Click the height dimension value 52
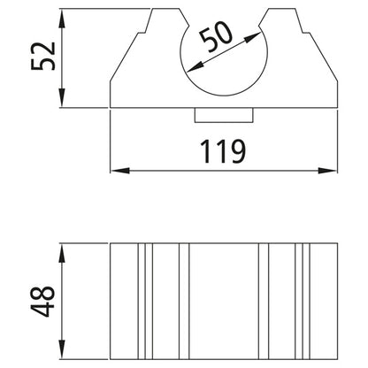pos(45,58)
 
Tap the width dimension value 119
pos(220,151)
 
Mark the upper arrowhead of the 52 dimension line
pos(63,14)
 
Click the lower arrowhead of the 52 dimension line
pos(63,102)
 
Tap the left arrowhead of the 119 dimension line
pos(115,169)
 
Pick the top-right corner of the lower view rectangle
pos(340,244)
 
